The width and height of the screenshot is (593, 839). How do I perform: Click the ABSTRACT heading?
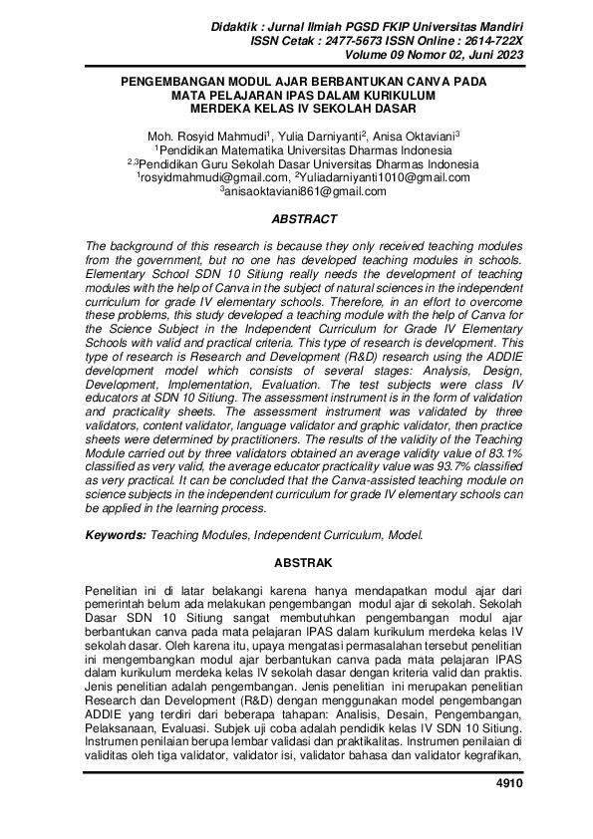[304, 219]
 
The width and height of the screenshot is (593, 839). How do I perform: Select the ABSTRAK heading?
[304, 562]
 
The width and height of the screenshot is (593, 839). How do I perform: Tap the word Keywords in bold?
[116, 535]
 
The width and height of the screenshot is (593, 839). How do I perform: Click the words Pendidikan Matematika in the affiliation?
[233, 149]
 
